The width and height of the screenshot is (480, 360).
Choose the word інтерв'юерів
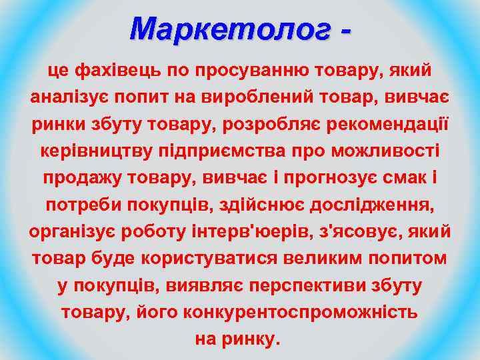[229, 233]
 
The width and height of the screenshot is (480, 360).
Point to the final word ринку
[255, 339]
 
